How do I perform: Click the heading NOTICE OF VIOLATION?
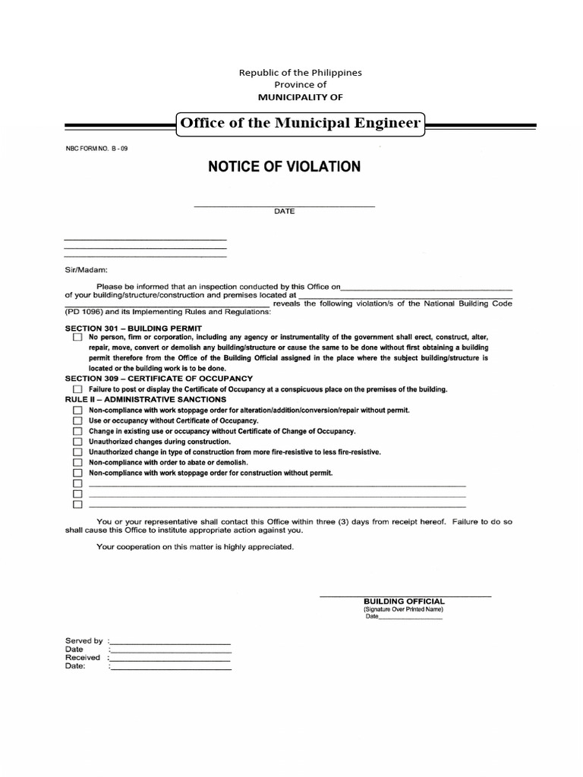tap(284, 166)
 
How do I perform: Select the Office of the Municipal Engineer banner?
tap(299, 122)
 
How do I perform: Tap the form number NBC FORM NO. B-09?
tap(96, 149)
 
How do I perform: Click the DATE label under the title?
tap(285, 212)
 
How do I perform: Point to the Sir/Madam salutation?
tap(87, 269)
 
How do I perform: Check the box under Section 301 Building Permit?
tap(77, 337)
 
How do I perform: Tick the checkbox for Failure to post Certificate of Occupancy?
tap(77, 389)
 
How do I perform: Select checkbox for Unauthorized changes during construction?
tap(77, 442)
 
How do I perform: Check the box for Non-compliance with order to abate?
tap(77, 462)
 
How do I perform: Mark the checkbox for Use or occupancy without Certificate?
tap(77, 420)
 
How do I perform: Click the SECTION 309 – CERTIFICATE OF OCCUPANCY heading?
tap(159, 378)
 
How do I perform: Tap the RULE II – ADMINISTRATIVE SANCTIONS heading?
tap(145, 399)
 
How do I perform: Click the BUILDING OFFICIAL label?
tap(404, 601)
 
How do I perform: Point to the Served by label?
tap(84, 641)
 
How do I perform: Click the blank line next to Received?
tap(171, 658)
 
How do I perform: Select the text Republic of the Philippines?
tap(301, 72)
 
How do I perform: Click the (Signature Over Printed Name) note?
tap(403, 609)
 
